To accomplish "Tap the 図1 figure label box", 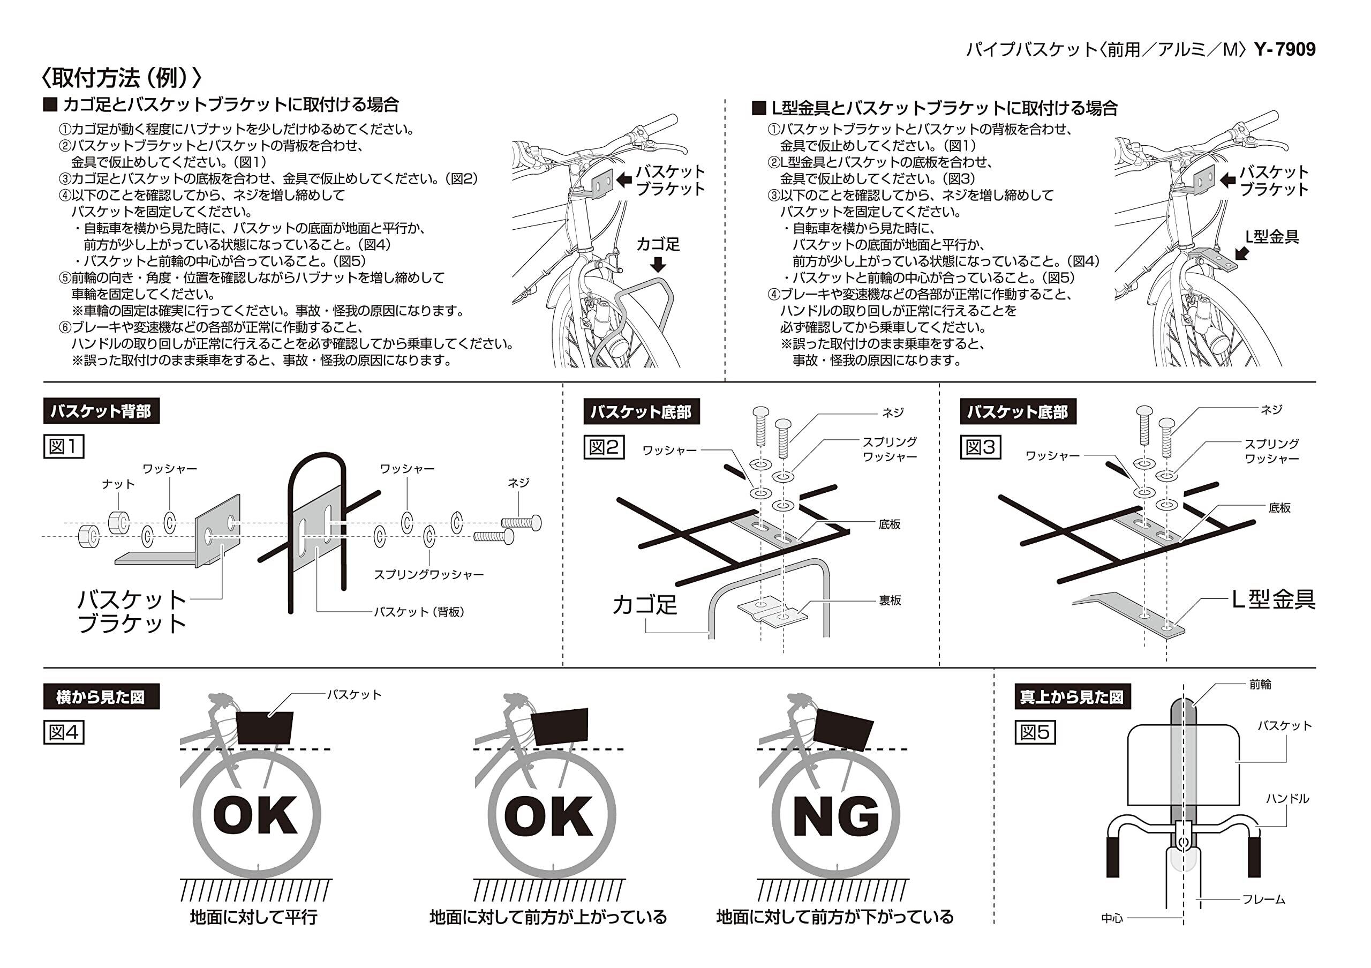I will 63,446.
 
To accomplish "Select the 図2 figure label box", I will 603,447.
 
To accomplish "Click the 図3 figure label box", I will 980,447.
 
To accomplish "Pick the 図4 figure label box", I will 63,732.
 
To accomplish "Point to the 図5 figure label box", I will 1035,732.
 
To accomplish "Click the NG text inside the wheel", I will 836,815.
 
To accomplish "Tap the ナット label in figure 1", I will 118,484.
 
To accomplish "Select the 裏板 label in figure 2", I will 889,600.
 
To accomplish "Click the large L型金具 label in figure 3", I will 1274,599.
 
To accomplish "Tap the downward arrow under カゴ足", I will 659,265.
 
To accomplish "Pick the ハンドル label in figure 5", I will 1287,798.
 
